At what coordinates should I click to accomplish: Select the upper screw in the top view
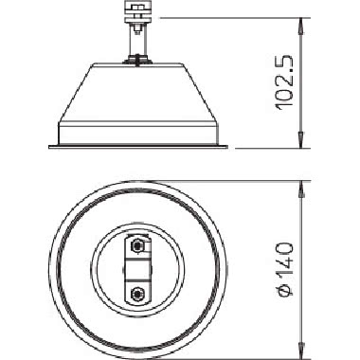pyautogui.click(x=139, y=246)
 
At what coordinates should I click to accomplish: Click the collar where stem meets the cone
pyautogui.click(x=139, y=60)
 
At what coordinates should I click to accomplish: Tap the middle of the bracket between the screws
pyautogui.click(x=139, y=269)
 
